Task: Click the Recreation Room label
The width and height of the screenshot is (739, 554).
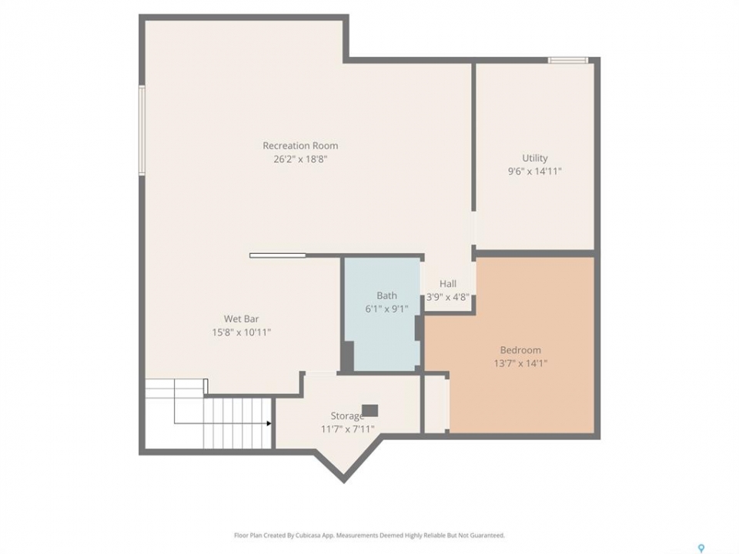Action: pos(300,145)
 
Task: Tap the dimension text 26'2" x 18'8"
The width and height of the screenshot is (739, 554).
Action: pos(300,159)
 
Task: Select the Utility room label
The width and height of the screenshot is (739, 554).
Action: pos(535,159)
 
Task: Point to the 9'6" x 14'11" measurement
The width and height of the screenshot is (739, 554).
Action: pos(535,171)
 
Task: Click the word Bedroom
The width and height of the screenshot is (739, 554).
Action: pos(520,350)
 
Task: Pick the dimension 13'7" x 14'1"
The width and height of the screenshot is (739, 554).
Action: pos(520,363)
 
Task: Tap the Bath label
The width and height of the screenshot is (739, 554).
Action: pos(386,295)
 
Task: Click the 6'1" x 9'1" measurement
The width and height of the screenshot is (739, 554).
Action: pos(386,309)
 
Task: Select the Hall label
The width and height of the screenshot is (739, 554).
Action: pos(448,284)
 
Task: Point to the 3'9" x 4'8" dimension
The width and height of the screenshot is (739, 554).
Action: pos(448,297)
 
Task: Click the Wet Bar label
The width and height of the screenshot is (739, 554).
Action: pos(241,319)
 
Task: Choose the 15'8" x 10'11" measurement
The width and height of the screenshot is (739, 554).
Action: pos(241,332)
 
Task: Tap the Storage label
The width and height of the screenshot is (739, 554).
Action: pos(347,416)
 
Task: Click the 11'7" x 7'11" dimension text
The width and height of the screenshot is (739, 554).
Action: pos(347,429)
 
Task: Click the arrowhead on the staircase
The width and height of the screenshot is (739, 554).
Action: pos(269,423)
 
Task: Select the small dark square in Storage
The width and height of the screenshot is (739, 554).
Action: pos(370,411)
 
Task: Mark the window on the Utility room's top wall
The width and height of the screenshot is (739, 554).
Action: pos(568,60)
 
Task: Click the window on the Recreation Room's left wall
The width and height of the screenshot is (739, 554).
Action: pos(142,131)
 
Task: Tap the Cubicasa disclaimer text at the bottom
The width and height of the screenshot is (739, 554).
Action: pos(369,536)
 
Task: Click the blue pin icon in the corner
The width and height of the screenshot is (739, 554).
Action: pos(701,548)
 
